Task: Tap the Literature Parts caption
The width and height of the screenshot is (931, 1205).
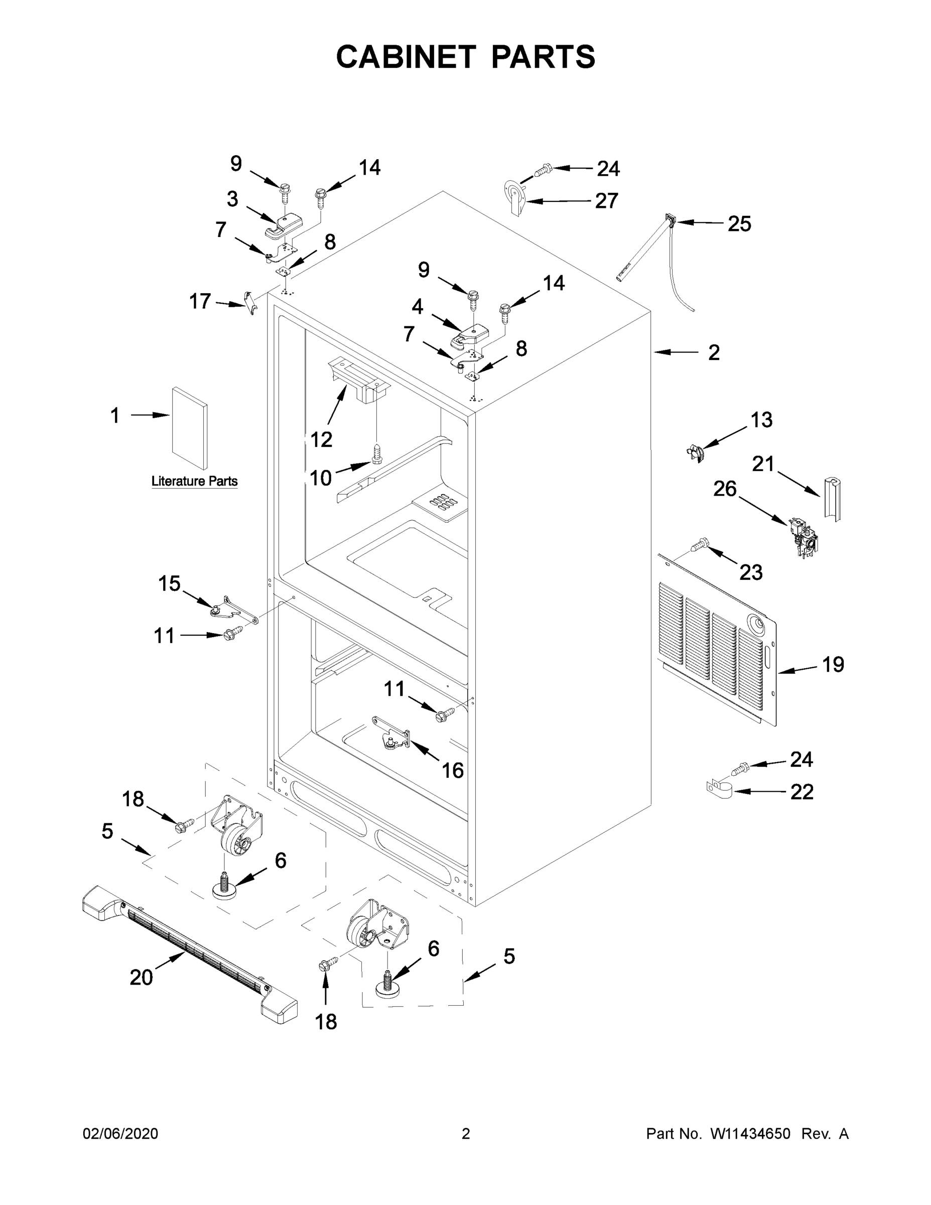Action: coord(194,481)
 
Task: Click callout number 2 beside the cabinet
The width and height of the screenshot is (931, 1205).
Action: coord(714,352)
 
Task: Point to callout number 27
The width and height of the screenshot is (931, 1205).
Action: coord(606,201)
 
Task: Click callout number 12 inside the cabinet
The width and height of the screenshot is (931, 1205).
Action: coord(321,440)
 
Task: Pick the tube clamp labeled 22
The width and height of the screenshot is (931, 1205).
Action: coord(719,788)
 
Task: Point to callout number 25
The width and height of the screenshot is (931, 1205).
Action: coord(739,223)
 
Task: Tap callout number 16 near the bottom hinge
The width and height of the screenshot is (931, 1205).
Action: coord(453,770)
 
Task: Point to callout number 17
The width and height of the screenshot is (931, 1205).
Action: coord(200,301)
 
